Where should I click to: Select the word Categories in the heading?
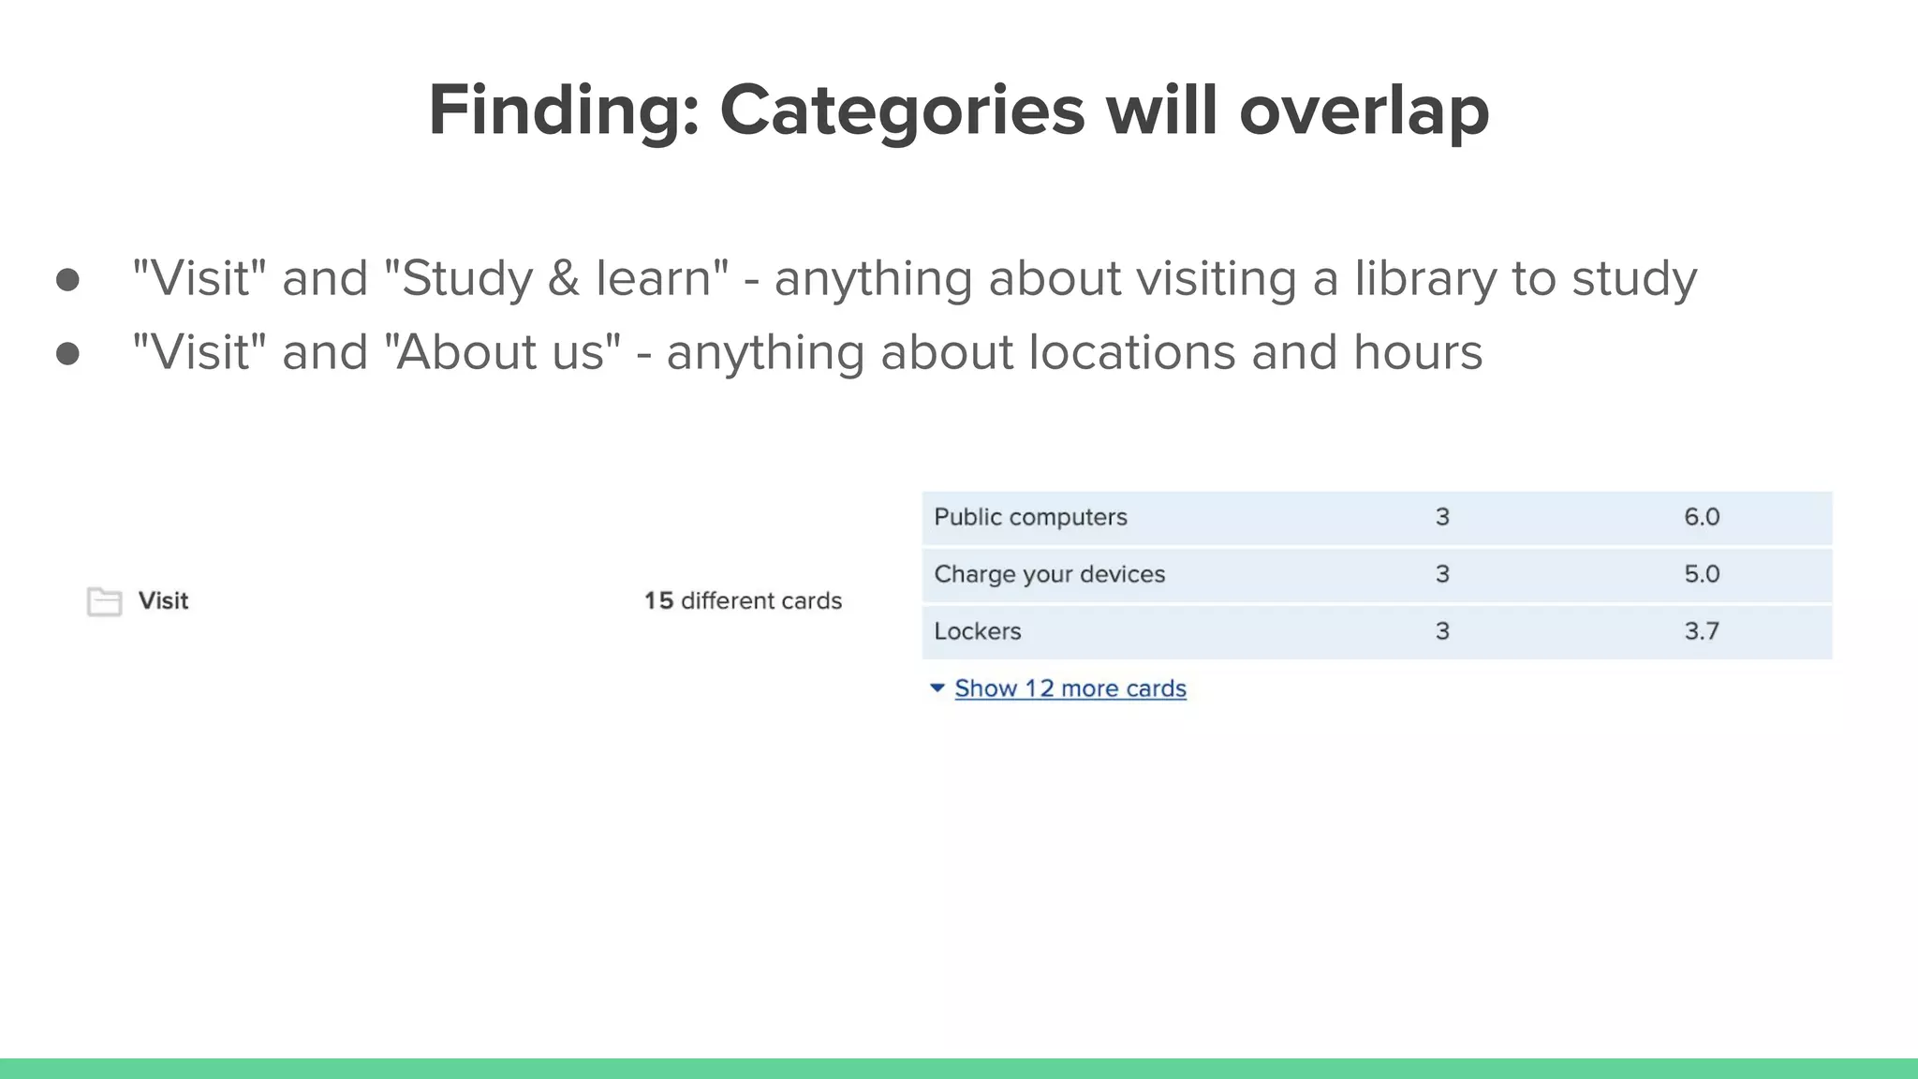(902, 111)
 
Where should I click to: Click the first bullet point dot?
(67, 280)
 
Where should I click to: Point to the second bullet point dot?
(67, 354)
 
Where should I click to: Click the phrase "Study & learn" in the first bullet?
(556, 278)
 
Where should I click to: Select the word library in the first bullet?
(1425, 278)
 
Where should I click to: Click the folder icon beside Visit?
(104, 601)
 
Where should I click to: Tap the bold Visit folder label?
(163, 600)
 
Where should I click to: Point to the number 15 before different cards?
(658, 600)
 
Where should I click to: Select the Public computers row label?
(1030, 517)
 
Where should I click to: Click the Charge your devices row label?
(1049, 574)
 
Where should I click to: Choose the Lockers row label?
(977, 631)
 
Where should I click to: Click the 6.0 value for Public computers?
(1701, 517)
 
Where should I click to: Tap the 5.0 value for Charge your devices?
(1701, 574)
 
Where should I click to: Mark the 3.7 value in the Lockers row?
(1701, 631)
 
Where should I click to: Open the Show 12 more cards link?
(1070, 688)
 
